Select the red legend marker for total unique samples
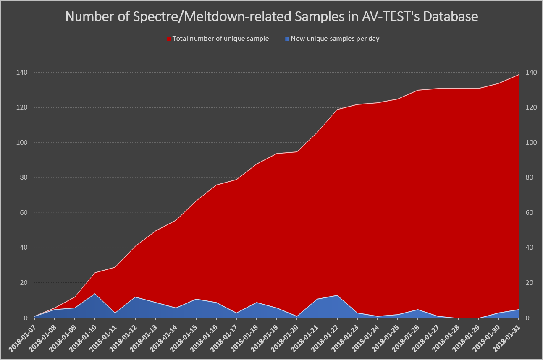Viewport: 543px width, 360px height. click(x=169, y=39)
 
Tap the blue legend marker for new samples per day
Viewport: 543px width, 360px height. click(x=287, y=39)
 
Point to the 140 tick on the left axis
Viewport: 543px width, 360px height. click(x=22, y=73)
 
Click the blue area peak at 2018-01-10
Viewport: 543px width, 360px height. click(x=95, y=294)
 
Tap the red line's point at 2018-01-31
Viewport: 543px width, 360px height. click(x=519, y=75)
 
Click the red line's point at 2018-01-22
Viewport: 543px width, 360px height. click(x=337, y=110)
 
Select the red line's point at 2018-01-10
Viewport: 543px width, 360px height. click(x=95, y=273)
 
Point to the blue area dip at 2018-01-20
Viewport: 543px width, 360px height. click(x=297, y=316)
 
